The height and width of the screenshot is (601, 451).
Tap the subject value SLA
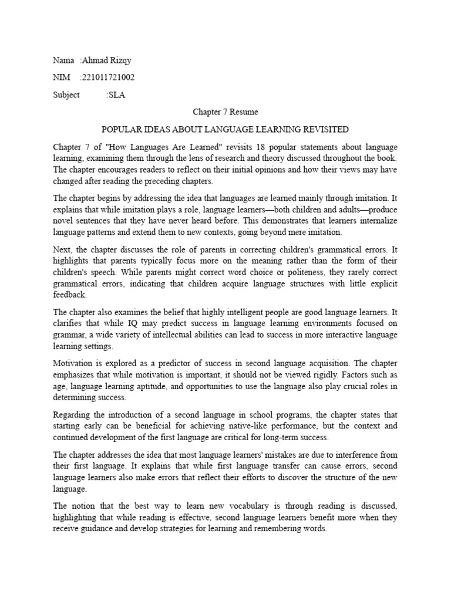pos(116,94)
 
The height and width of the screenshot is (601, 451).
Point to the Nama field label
pos(63,61)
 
